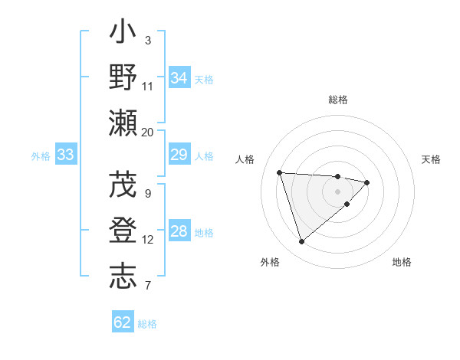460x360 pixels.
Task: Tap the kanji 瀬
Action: coord(123,123)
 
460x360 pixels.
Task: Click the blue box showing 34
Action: coord(179,78)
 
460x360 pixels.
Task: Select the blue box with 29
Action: coord(179,155)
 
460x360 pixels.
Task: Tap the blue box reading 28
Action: coord(179,232)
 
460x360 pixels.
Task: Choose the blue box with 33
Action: coord(65,155)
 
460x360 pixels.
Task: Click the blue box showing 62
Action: coord(123,322)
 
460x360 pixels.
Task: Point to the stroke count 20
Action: coord(147,133)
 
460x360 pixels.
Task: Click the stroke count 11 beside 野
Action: coord(148,87)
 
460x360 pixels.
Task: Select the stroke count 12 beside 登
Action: coord(148,240)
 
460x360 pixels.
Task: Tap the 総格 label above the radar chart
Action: coord(338,100)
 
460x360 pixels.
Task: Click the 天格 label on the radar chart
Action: coord(432,159)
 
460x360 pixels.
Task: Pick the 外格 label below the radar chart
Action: coord(270,262)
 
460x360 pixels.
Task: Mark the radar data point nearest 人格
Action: coord(280,172)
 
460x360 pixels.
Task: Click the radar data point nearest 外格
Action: coord(301,242)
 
